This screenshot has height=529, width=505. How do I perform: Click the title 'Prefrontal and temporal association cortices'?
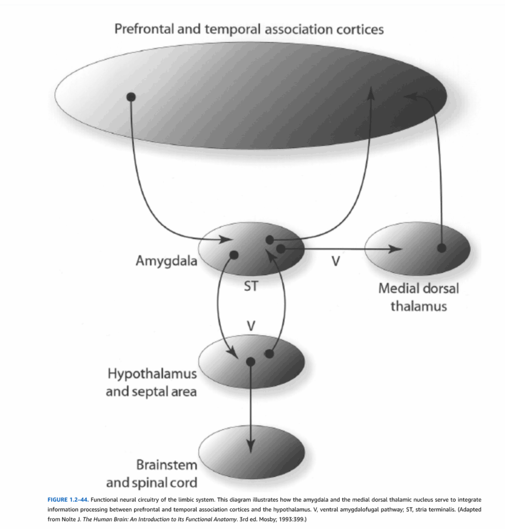pos(249,29)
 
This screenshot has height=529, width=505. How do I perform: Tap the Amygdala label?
pos(166,261)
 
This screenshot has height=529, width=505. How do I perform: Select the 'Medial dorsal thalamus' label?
pos(418,297)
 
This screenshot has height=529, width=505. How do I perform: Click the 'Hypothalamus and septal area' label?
pos(151,382)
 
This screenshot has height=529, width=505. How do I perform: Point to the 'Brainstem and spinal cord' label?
pos(151,474)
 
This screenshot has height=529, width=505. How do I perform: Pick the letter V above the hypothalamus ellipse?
pos(251,325)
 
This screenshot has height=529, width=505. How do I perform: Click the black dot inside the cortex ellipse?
pos(131,97)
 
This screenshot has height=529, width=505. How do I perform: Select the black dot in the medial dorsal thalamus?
pos(441,248)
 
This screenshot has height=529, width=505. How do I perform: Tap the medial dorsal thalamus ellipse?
pos(417,248)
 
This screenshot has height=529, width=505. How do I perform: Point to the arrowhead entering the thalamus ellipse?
pos(396,250)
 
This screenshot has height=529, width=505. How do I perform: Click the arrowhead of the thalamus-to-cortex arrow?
pos(411,96)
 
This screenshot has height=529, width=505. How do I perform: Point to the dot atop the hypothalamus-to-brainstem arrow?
pos(251,362)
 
